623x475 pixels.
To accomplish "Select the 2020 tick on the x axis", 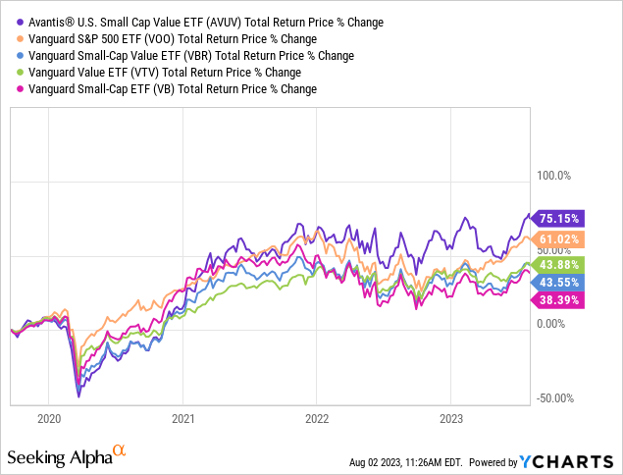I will point(48,418).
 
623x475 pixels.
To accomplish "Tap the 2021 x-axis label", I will point(182,418).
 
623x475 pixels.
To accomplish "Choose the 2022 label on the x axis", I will point(316,418).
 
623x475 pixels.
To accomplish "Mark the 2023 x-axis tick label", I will point(449,418).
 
